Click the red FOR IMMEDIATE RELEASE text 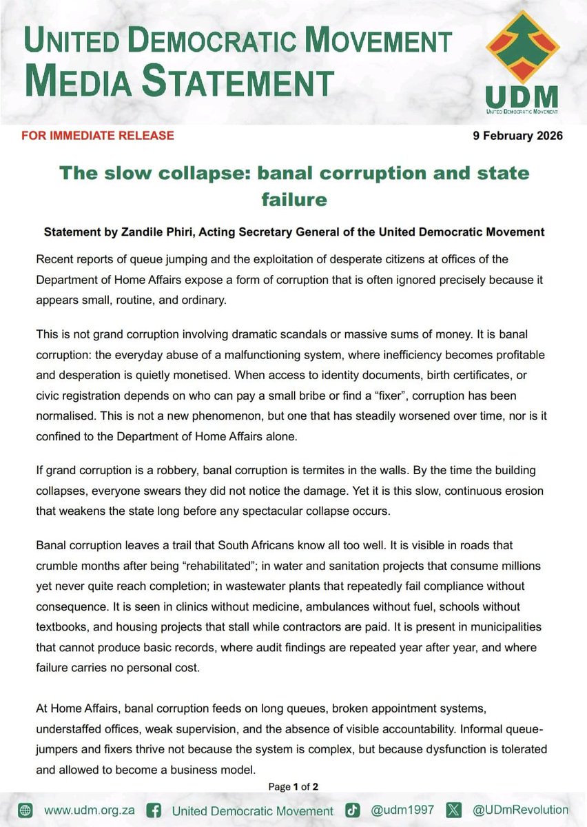point(98,135)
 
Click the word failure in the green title point(294,199)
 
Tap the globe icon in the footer point(26,810)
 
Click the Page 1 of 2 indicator point(293,787)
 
